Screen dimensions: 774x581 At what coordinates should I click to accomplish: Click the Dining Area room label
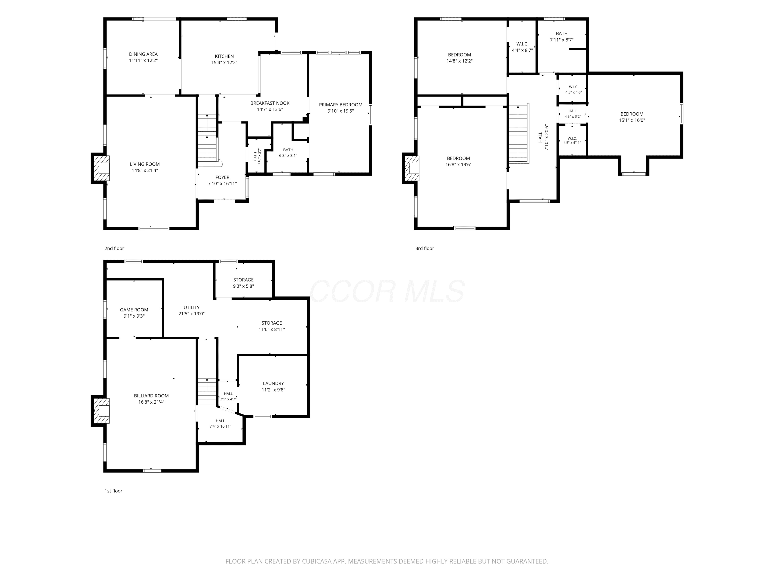143,54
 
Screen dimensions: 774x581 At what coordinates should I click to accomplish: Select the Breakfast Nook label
270,103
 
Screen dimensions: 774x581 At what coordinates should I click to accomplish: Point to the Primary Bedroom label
341,105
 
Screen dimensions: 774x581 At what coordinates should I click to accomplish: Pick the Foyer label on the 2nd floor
223,177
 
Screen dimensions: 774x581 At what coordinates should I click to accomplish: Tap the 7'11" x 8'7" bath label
562,37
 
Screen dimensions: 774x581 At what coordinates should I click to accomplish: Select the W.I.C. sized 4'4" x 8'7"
522,47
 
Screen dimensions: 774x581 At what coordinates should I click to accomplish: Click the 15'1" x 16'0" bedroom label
632,117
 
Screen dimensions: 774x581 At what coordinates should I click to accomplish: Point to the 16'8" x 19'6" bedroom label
458,161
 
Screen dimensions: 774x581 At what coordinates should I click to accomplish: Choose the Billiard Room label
151,396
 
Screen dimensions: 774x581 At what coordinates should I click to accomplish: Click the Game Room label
134,310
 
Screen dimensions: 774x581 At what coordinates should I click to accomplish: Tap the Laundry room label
273,383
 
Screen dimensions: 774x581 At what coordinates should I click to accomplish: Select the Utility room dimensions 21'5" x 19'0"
191,314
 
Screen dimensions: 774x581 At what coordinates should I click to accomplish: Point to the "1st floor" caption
113,491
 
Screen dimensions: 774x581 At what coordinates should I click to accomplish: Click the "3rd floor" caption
424,248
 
